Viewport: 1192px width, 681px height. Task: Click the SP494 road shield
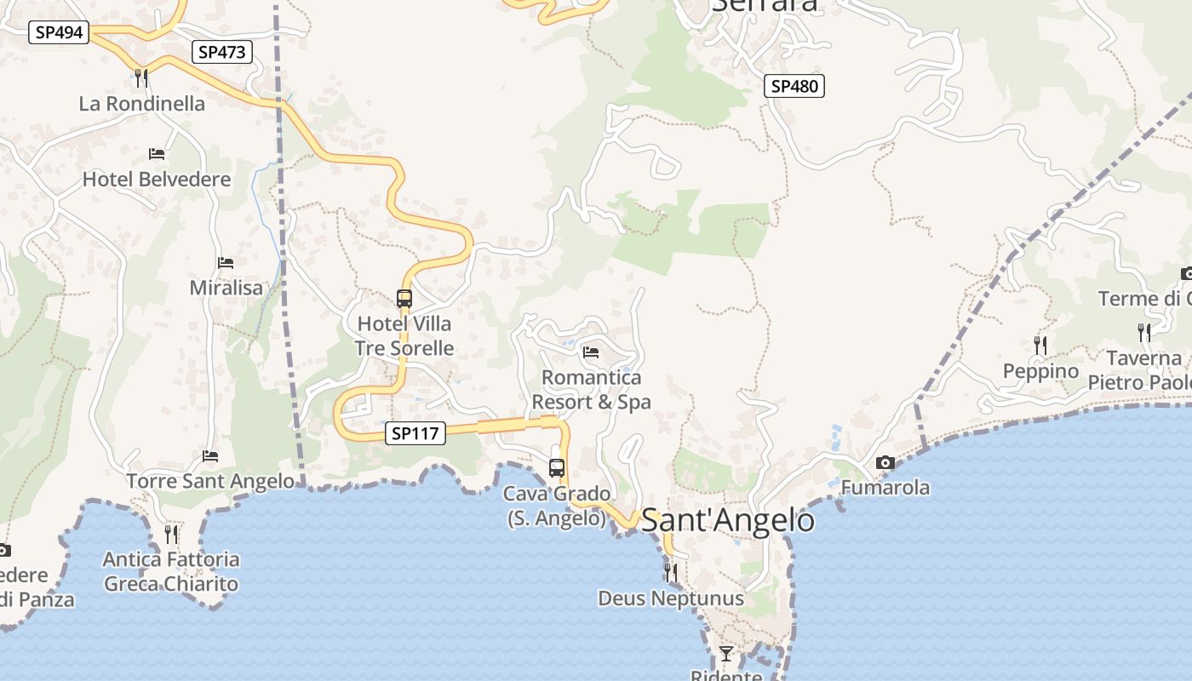click(60, 33)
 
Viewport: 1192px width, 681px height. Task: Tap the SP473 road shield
click(222, 52)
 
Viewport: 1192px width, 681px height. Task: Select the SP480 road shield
click(794, 86)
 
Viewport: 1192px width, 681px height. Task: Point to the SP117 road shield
click(415, 433)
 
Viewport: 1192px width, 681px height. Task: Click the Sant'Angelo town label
click(727, 519)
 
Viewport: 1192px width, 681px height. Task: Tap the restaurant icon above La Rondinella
click(141, 78)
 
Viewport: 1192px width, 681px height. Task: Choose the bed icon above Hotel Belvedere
click(157, 154)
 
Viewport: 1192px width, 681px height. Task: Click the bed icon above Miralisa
click(226, 263)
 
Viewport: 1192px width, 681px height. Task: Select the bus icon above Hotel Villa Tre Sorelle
click(404, 299)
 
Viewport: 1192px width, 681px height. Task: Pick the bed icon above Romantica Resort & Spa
click(591, 352)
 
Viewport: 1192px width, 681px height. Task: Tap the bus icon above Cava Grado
click(557, 467)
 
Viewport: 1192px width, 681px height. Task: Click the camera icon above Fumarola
click(885, 463)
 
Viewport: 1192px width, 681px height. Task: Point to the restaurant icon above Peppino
click(1040, 345)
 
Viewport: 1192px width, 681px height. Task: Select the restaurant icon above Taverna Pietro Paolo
click(1144, 332)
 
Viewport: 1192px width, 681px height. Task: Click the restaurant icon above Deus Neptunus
click(671, 572)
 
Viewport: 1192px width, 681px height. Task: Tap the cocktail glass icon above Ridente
click(725, 654)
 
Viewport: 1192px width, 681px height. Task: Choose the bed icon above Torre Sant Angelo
click(210, 456)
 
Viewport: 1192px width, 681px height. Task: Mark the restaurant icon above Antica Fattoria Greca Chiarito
click(171, 534)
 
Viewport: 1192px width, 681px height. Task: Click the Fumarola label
click(885, 489)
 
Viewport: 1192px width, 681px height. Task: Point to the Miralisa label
click(226, 288)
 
